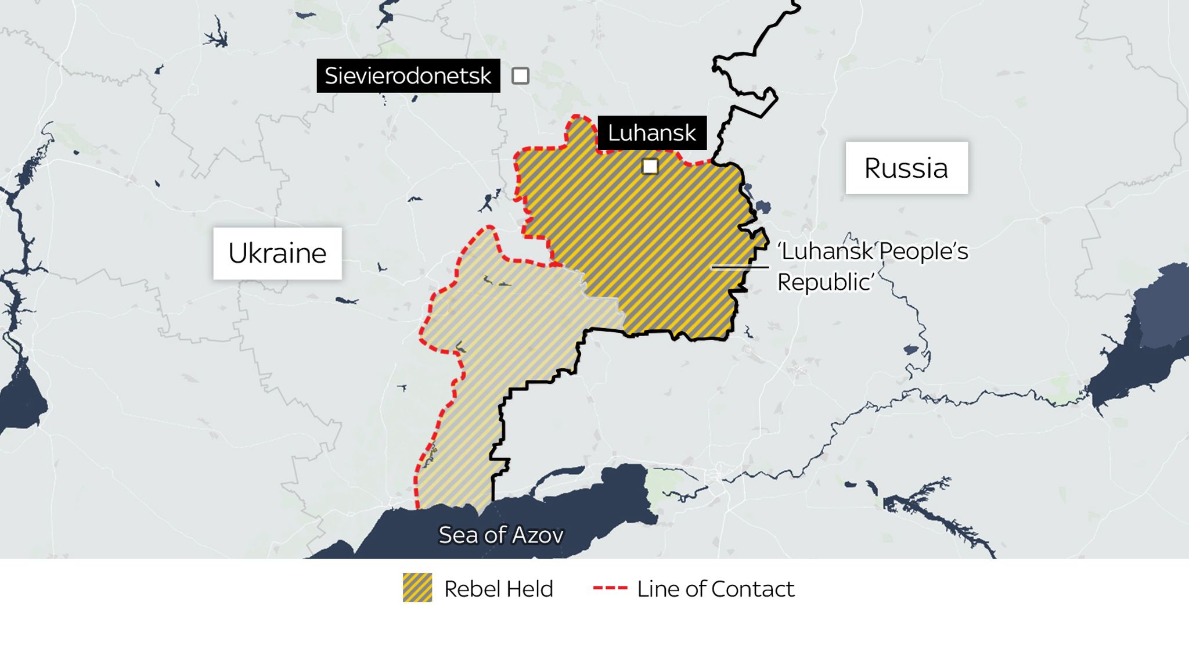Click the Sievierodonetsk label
408,75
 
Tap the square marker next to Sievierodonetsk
520,75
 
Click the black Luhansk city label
651,133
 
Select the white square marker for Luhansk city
650,167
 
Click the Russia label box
906,168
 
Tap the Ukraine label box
278,253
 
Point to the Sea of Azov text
500,535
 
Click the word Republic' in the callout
826,282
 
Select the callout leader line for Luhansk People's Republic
740,267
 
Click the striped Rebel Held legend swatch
417,588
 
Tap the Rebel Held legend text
498,589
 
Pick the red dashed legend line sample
610,588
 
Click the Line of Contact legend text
715,589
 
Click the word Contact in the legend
752,589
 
